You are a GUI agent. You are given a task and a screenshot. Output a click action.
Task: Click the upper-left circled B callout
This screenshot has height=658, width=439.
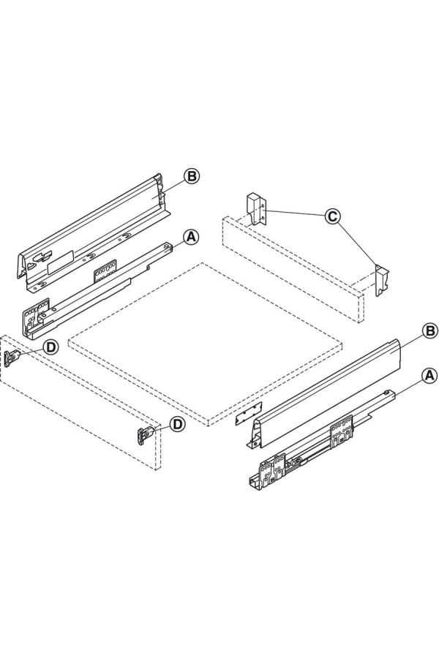(191, 176)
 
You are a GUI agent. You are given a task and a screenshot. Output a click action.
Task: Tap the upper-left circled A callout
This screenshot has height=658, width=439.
(191, 237)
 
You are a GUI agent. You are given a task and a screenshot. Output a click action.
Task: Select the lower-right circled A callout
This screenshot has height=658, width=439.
(429, 375)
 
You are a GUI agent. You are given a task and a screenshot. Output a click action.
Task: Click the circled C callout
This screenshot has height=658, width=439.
(332, 216)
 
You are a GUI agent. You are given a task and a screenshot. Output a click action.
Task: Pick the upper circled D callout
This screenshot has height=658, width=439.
(51, 347)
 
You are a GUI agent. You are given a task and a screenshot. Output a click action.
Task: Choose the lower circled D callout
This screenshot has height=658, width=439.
(177, 424)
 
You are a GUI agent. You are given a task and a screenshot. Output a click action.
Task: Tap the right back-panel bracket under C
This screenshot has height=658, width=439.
(382, 280)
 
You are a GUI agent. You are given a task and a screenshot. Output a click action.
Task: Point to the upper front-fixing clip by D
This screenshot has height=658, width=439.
(12, 358)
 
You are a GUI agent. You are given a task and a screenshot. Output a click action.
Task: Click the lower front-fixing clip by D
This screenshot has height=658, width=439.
(146, 435)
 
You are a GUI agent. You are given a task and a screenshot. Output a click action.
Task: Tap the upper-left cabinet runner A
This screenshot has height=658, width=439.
(97, 290)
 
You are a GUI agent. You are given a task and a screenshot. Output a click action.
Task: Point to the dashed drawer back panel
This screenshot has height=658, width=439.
(293, 268)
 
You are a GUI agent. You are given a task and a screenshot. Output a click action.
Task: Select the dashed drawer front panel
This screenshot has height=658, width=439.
(80, 402)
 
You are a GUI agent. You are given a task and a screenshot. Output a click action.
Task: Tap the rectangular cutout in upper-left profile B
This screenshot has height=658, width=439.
(61, 261)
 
